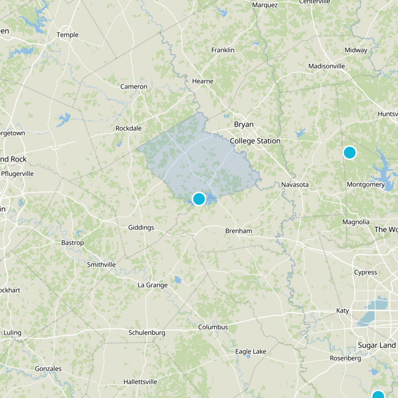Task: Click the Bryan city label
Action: [x=244, y=124]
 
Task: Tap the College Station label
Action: [x=255, y=141]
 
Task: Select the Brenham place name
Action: [x=239, y=231]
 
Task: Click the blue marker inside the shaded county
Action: [x=199, y=199]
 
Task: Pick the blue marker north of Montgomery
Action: [x=350, y=152]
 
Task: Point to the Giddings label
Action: [x=141, y=227]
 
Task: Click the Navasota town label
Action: [x=295, y=185]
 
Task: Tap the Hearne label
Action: [x=202, y=81]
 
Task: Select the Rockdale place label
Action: [x=129, y=128]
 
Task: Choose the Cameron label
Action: [x=134, y=87]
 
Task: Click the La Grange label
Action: [x=153, y=285]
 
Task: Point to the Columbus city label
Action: [x=213, y=327]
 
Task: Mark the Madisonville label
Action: [x=327, y=66]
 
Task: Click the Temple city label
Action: [x=68, y=35]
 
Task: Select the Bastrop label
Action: [x=72, y=243]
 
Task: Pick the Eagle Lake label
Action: [x=251, y=352]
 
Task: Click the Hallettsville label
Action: [x=140, y=382]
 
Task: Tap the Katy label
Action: [x=343, y=310]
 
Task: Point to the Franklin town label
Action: [x=223, y=50]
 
